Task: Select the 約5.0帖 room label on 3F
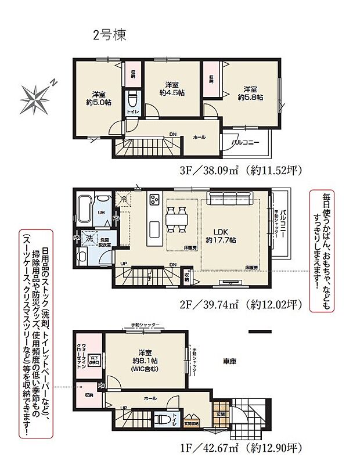coord(97,99)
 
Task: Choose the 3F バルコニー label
coord(245,142)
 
